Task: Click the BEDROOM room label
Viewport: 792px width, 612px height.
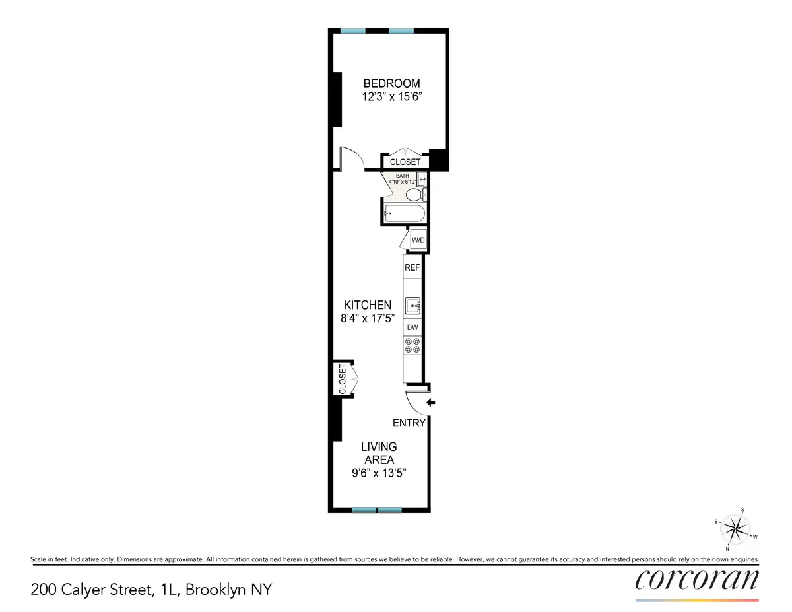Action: (x=392, y=83)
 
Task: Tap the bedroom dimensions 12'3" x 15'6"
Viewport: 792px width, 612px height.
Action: (x=392, y=96)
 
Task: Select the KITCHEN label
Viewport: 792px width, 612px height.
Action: (x=368, y=305)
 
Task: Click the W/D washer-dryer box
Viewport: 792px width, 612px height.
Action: (x=418, y=240)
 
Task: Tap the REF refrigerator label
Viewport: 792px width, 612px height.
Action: (x=412, y=268)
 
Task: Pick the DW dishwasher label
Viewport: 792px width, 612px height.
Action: (x=412, y=327)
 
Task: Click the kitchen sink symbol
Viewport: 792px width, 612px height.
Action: (x=412, y=305)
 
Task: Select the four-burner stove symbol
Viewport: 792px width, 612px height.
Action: (x=412, y=345)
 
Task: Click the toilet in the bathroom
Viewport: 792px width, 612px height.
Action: (x=414, y=195)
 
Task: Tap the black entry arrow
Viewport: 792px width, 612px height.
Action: (x=432, y=402)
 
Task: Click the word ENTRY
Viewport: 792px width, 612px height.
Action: (x=409, y=423)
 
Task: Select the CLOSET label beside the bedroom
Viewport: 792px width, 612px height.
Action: (x=405, y=162)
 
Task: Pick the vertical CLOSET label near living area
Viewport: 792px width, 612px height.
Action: (x=342, y=379)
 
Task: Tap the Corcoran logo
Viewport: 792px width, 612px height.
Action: (x=697, y=579)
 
